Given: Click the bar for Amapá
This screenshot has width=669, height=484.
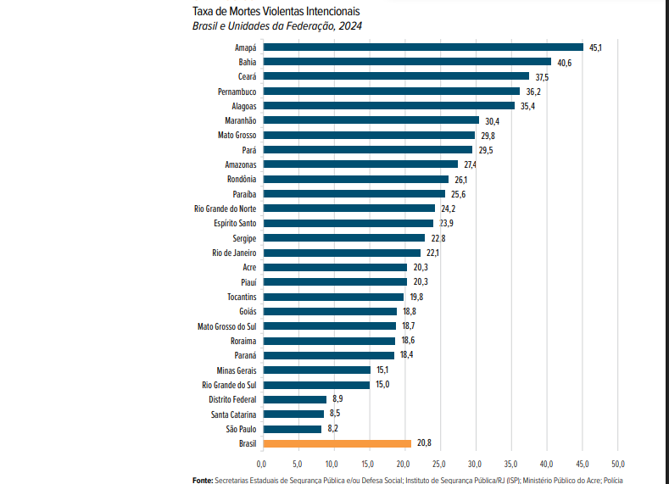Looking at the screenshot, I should (x=422, y=47).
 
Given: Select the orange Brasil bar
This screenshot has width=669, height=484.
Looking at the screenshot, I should (x=336, y=443).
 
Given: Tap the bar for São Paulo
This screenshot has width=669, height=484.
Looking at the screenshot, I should (x=292, y=429).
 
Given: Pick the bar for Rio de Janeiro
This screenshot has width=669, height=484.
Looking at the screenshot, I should (x=341, y=253).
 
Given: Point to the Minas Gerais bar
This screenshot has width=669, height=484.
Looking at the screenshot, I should (x=316, y=370).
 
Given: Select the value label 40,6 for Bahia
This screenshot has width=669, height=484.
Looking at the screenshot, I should (x=565, y=62).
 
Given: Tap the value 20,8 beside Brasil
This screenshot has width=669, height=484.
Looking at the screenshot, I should (x=425, y=443).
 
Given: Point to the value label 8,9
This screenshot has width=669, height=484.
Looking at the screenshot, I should (x=337, y=399).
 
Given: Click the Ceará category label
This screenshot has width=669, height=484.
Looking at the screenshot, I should (x=245, y=76).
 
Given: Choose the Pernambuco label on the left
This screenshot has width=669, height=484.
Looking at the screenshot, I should (x=237, y=91).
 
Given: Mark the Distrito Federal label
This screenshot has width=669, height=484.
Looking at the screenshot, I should (x=232, y=399).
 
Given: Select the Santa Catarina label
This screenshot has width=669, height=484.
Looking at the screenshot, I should (x=234, y=414).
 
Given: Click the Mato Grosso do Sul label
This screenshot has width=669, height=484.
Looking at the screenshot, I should (x=226, y=325).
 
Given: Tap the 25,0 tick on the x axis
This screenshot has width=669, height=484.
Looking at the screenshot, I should (x=439, y=464).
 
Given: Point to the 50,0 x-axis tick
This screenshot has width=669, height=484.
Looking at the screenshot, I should (x=617, y=464).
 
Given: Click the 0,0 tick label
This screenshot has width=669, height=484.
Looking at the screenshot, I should (x=261, y=464).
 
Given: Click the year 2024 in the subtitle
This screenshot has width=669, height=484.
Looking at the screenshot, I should (x=350, y=26).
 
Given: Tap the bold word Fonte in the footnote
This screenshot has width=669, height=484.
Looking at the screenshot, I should (x=203, y=480).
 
